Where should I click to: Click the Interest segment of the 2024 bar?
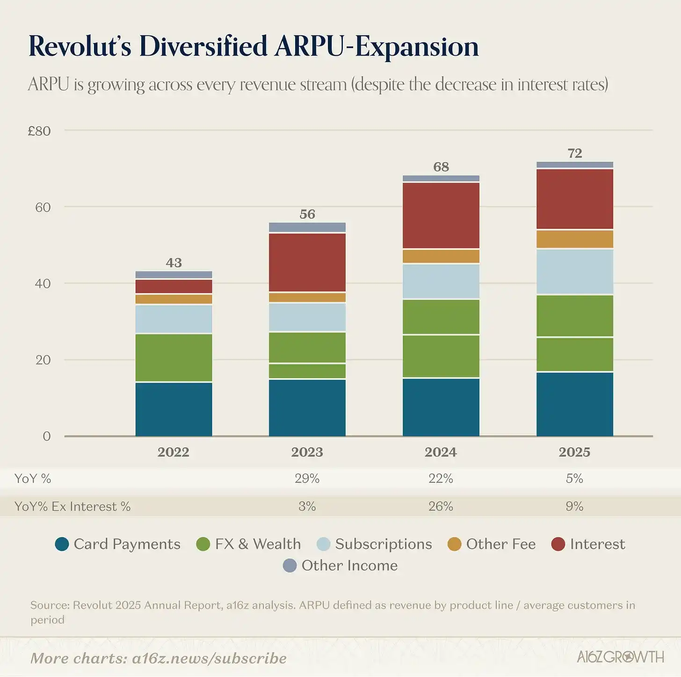(x=441, y=215)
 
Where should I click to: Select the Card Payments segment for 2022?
(x=174, y=409)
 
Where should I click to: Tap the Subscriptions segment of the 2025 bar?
(x=574, y=271)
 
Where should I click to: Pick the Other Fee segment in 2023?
(x=307, y=298)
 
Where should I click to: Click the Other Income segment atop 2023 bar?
(x=307, y=228)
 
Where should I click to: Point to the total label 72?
(x=574, y=153)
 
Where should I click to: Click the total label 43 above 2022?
(x=174, y=263)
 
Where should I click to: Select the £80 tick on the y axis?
(x=39, y=131)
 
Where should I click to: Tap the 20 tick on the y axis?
(x=43, y=360)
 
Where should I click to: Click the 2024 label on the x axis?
(x=441, y=452)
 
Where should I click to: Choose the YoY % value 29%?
(x=307, y=478)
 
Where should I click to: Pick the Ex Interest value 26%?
(x=441, y=506)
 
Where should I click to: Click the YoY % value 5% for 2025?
(x=574, y=478)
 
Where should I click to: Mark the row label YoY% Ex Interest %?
(x=72, y=506)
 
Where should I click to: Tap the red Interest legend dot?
(x=558, y=544)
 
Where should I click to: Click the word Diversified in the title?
(x=203, y=46)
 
